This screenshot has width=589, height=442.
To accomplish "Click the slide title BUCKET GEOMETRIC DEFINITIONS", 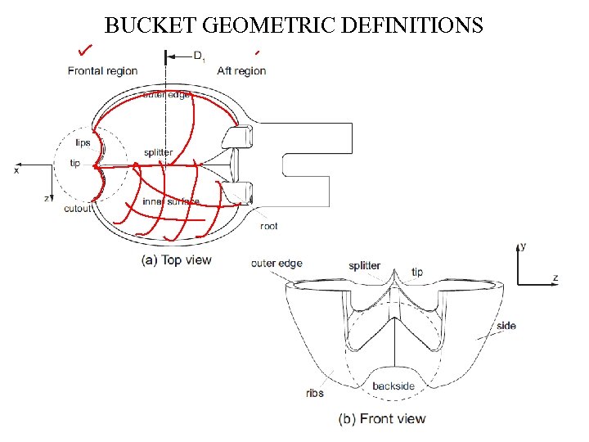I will tap(294, 25).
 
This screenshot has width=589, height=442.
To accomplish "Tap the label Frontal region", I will tap(102, 71).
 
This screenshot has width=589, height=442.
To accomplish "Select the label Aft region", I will tap(241, 71).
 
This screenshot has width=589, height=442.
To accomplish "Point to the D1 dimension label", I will tap(198, 56).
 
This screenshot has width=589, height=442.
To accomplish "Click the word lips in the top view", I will tap(82, 143).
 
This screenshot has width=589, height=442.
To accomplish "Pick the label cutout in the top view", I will tap(79, 209).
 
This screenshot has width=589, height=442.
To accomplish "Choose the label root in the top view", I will tap(268, 226).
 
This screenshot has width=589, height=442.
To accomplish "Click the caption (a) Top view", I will tap(177, 260).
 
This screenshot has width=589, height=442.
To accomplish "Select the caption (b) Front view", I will tap(382, 418).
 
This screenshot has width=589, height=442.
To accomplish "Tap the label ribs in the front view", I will tap(314, 393).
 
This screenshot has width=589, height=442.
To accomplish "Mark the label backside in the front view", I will tap(393, 386).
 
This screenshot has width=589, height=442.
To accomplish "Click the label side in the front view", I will tap(506, 326).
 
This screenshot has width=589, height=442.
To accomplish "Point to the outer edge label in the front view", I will tap(277, 264).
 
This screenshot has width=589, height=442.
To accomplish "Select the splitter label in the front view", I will tap(364, 266).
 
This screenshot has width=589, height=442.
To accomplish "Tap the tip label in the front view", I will tap(417, 273).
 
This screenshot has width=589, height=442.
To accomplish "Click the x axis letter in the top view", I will tap(16, 170).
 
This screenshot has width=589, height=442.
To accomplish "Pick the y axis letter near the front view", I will tap(523, 246).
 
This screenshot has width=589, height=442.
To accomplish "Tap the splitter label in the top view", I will tap(158, 153).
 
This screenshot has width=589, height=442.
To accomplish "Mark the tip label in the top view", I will tap(75, 164).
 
